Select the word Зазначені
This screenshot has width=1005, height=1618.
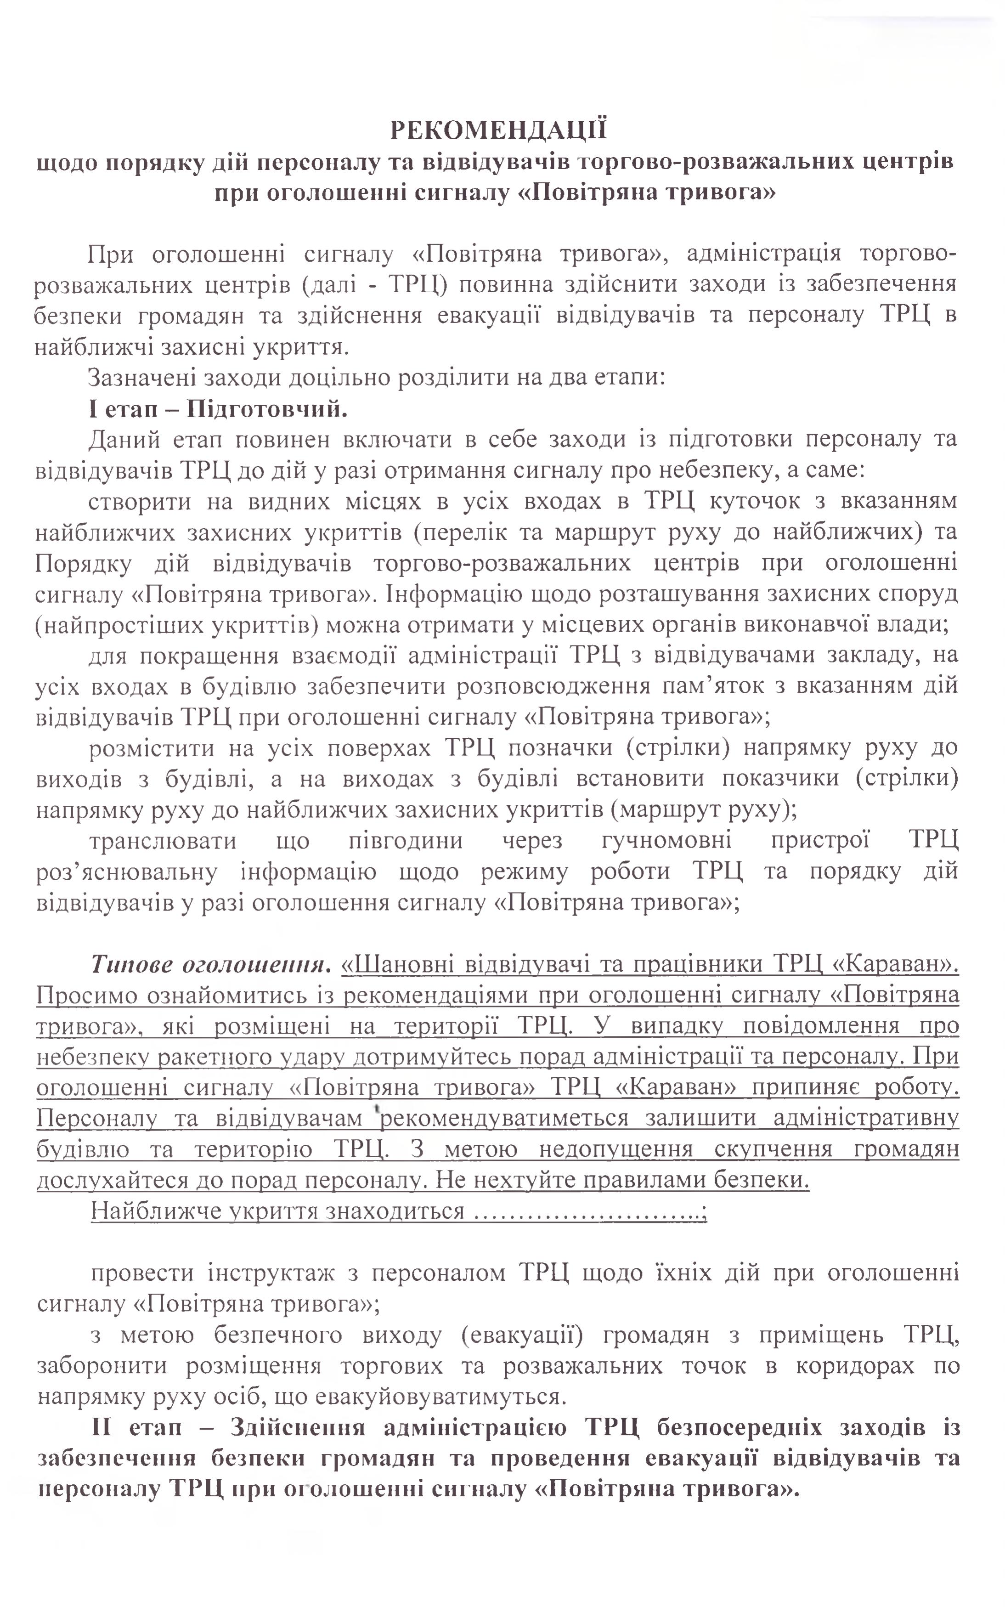point(140,378)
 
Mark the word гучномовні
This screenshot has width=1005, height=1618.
point(666,840)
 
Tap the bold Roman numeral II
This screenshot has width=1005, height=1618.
point(104,1428)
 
